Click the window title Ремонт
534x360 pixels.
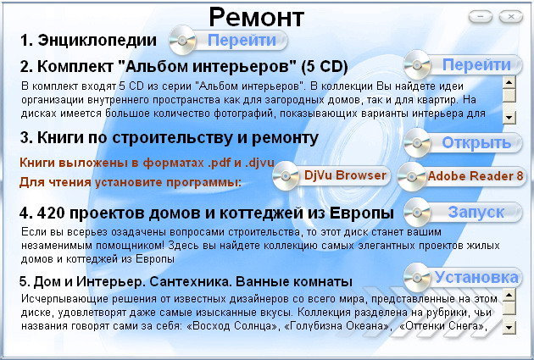click(x=257, y=18)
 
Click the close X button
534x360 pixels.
click(x=511, y=16)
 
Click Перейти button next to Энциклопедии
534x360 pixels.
click(x=228, y=41)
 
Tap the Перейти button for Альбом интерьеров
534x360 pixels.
click(x=463, y=64)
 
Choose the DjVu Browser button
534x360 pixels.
click(x=331, y=175)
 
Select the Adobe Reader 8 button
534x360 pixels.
click(x=462, y=176)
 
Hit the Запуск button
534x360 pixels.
click(x=463, y=213)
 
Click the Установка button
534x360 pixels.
click(x=463, y=278)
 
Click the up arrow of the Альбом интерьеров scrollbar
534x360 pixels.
click(x=509, y=82)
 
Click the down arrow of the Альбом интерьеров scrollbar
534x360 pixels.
click(x=509, y=118)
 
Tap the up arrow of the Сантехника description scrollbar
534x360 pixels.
click(x=509, y=295)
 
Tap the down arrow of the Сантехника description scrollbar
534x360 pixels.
click(x=509, y=328)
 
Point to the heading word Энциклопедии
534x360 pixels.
click(x=97, y=40)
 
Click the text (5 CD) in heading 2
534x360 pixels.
click(x=324, y=66)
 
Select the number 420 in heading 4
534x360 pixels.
click(x=51, y=213)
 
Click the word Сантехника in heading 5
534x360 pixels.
click(x=191, y=281)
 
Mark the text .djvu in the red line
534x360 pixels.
click(x=259, y=163)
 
